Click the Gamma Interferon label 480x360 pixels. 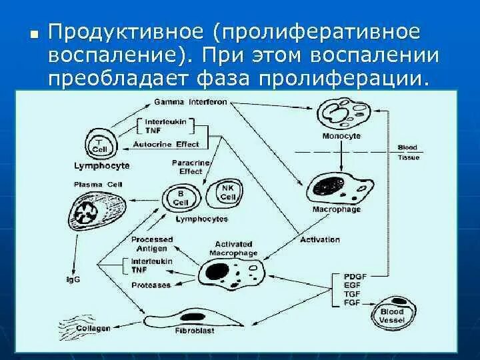[190, 103]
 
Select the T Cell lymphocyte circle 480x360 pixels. [100, 145]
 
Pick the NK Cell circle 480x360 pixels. [228, 193]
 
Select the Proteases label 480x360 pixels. [151, 285]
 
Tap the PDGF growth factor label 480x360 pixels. [355, 276]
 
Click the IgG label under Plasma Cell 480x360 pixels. [73, 279]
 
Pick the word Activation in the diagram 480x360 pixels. [315, 239]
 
